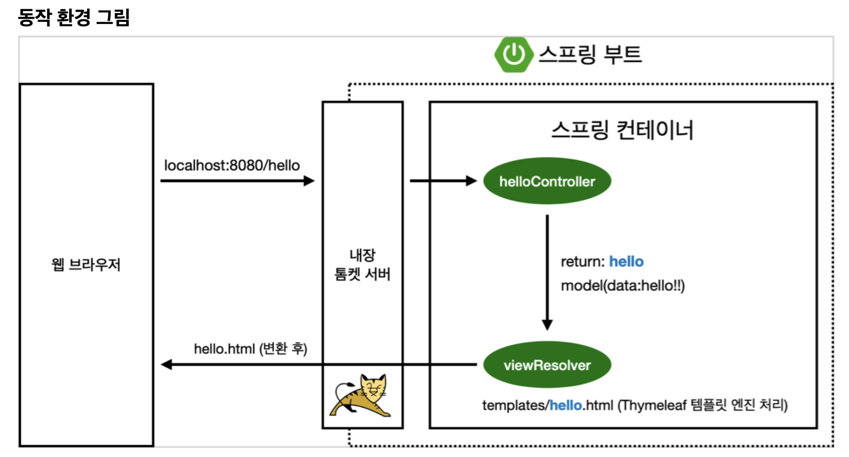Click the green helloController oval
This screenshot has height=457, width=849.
[547, 181]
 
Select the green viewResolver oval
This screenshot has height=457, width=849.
[547, 365]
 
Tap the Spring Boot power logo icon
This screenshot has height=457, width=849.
[514, 54]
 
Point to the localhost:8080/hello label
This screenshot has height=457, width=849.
[232, 165]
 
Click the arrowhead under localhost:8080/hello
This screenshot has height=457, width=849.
[309, 180]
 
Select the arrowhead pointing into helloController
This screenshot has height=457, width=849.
[471, 180]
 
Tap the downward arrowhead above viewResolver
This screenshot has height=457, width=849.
[547, 324]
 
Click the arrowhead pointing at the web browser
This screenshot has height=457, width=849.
[166, 364]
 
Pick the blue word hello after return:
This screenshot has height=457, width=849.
[626, 261]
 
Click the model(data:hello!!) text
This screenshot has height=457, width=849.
[623, 286]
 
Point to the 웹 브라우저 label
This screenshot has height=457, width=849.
[86, 264]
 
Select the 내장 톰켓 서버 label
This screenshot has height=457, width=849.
[362, 264]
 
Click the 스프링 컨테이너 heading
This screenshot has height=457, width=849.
[622, 130]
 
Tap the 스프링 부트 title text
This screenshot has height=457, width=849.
[590, 54]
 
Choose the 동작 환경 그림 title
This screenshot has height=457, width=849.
[74, 17]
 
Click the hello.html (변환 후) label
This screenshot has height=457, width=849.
[250, 349]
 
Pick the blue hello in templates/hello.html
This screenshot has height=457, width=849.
[566, 405]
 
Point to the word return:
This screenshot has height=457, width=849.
[582, 261]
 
